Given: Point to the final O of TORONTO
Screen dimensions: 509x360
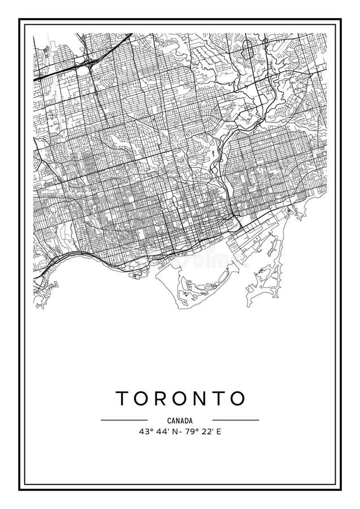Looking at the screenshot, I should coord(238,398).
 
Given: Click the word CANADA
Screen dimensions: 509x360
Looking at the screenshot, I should coord(180,420).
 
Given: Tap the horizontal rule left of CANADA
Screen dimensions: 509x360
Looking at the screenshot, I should coord(124,420).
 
